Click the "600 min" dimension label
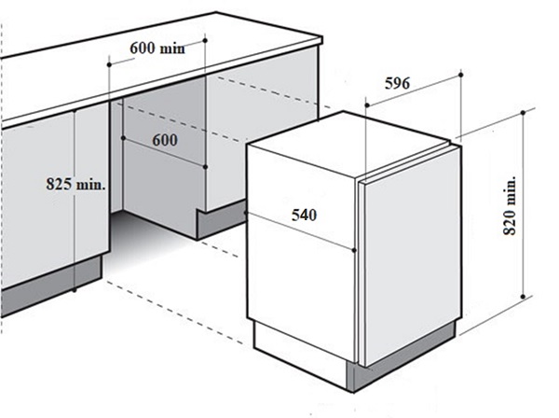click(x=157, y=48)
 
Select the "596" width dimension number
click(x=397, y=84)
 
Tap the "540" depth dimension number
click(x=304, y=215)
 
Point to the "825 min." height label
click(x=76, y=184)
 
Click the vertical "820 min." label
click(x=510, y=205)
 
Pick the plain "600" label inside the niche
click(x=165, y=140)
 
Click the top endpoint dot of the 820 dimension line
click(x=523, y=113)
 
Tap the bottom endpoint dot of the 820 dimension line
click(x=523, y=297)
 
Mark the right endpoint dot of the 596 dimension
click(x=460, y=75)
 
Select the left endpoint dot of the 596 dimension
click(x=366, y=104)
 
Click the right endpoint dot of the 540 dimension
click(x=354, y=250)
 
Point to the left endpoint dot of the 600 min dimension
click(x=109, y=64)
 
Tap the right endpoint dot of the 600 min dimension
click(x=205, y=41)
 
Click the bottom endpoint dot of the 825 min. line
click(x=75, y=290)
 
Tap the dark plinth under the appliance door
click(x=402, y=357)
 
